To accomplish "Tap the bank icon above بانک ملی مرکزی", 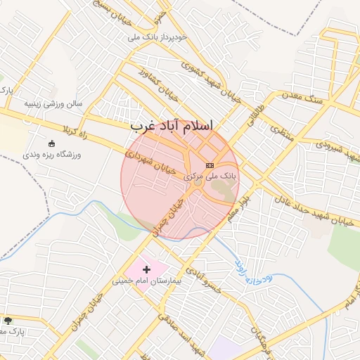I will [210, 165].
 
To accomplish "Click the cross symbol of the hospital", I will [146, 269].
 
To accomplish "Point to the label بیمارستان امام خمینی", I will [146, 281].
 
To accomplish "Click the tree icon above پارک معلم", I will [8, 321].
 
